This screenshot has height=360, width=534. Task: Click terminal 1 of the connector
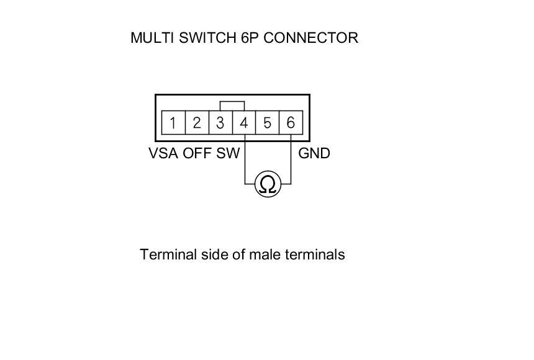coord(173,123)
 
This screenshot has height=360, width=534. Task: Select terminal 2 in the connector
coord(197,123)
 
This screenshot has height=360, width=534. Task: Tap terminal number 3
coord(220,123)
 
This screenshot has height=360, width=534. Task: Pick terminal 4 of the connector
coord(244,123)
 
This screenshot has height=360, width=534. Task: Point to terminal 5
coord(267,123)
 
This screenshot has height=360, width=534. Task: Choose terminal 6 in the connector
coord(291,123)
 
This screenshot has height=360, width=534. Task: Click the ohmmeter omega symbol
coord(268,184)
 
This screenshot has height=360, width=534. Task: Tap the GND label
coord(314,153)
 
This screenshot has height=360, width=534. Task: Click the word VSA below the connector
coord(163,153)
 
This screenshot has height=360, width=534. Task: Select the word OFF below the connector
coord(197,153)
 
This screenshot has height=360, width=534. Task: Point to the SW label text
coord(228,153)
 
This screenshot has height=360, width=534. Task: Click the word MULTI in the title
coord(152,38)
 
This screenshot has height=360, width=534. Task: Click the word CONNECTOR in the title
coord(310,38)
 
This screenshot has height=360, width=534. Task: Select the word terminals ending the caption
coord(315,254)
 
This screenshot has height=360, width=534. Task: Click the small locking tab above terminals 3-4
coord(232,106)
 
